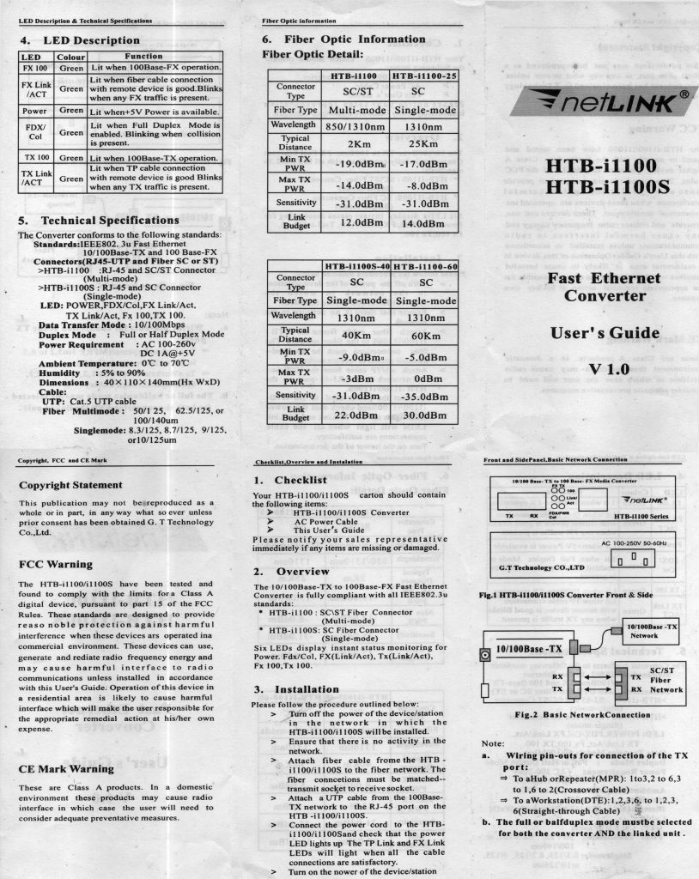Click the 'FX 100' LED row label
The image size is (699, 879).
35,67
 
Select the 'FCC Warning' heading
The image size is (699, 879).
55,564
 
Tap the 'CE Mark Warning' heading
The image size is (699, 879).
66,768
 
